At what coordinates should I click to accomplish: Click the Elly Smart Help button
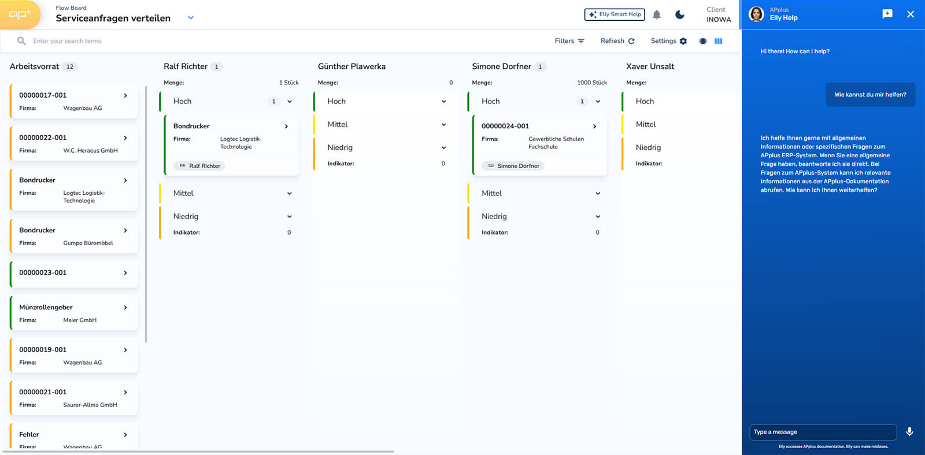pos(615,14)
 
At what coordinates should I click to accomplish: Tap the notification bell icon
pos(657,15)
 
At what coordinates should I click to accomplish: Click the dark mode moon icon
pos(680,15)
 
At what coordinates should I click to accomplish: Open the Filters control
pos(569,41)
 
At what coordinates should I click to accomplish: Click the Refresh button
pos(617,41)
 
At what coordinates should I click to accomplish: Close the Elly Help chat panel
pos(910,14)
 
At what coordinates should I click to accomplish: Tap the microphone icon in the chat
pos(909,432)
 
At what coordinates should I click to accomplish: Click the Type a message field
pos(823,432)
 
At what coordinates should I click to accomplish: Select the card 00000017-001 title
pos(43,95)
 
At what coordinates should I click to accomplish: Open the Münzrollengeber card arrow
pos(125,307)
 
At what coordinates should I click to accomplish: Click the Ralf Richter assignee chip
pos(199,165)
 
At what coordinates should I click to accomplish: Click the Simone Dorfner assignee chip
pos(513,165)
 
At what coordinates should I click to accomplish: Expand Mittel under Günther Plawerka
pos(443,124)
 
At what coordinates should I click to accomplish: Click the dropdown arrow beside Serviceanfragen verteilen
pos(191,18)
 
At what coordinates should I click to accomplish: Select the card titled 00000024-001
pos(505,126)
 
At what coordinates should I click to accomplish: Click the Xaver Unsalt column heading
pos(650,66)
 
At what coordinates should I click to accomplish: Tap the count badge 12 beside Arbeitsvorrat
pos(70,66)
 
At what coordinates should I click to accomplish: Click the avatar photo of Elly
pos(757,14)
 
